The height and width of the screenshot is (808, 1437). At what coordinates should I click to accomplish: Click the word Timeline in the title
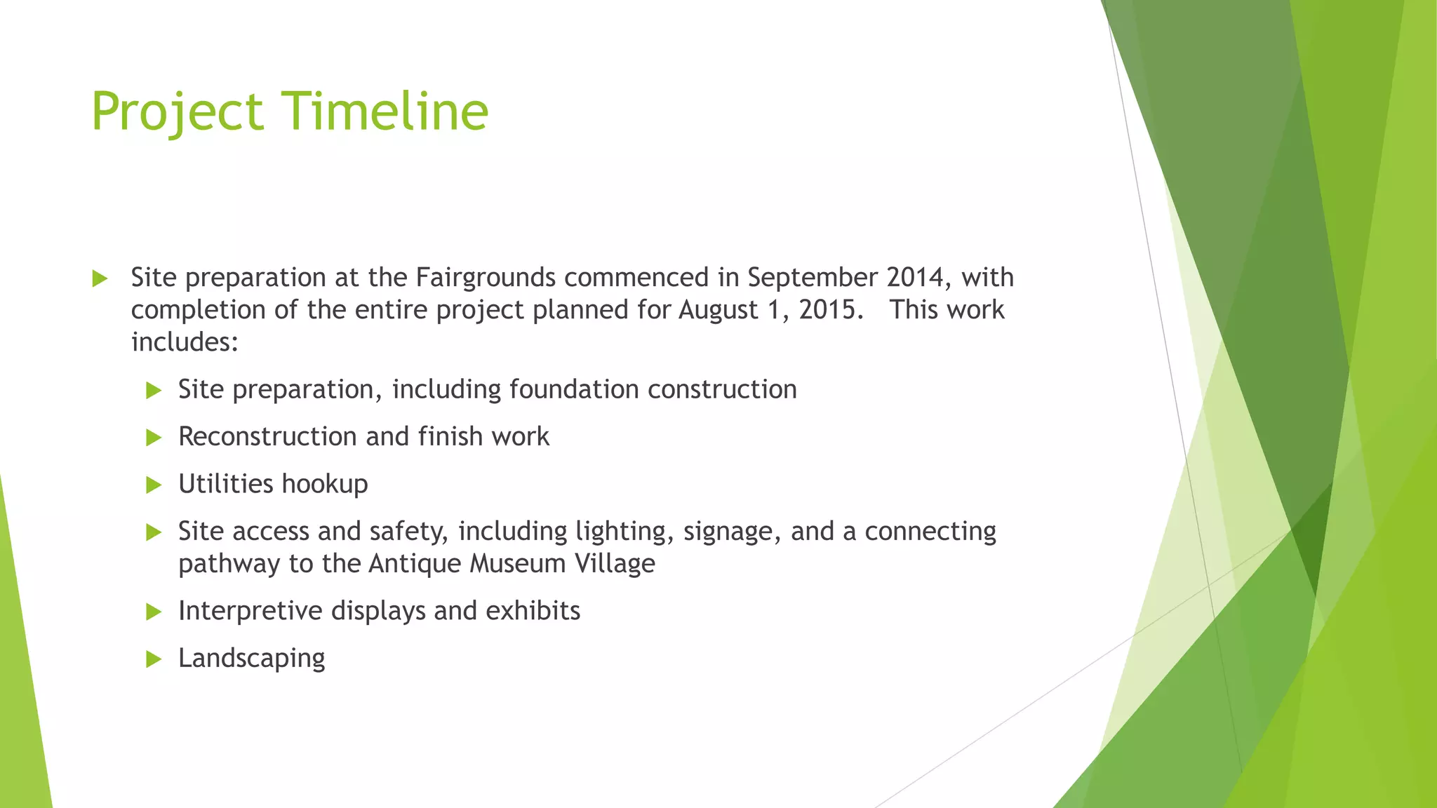[x=385, y=112]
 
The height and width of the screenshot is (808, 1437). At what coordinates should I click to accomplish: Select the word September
[x=813, y=278]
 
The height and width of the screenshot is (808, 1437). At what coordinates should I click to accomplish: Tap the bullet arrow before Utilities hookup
[x=154, y=485]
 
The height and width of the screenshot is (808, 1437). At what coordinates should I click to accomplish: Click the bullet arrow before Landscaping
[x=154, y=659]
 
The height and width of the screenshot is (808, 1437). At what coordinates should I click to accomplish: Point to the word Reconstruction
[x=268, y=437]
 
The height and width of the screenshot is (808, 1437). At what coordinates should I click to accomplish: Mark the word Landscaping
[x=252, y=659]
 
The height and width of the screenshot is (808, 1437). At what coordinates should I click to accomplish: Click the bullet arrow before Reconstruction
[x=154, y=438]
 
